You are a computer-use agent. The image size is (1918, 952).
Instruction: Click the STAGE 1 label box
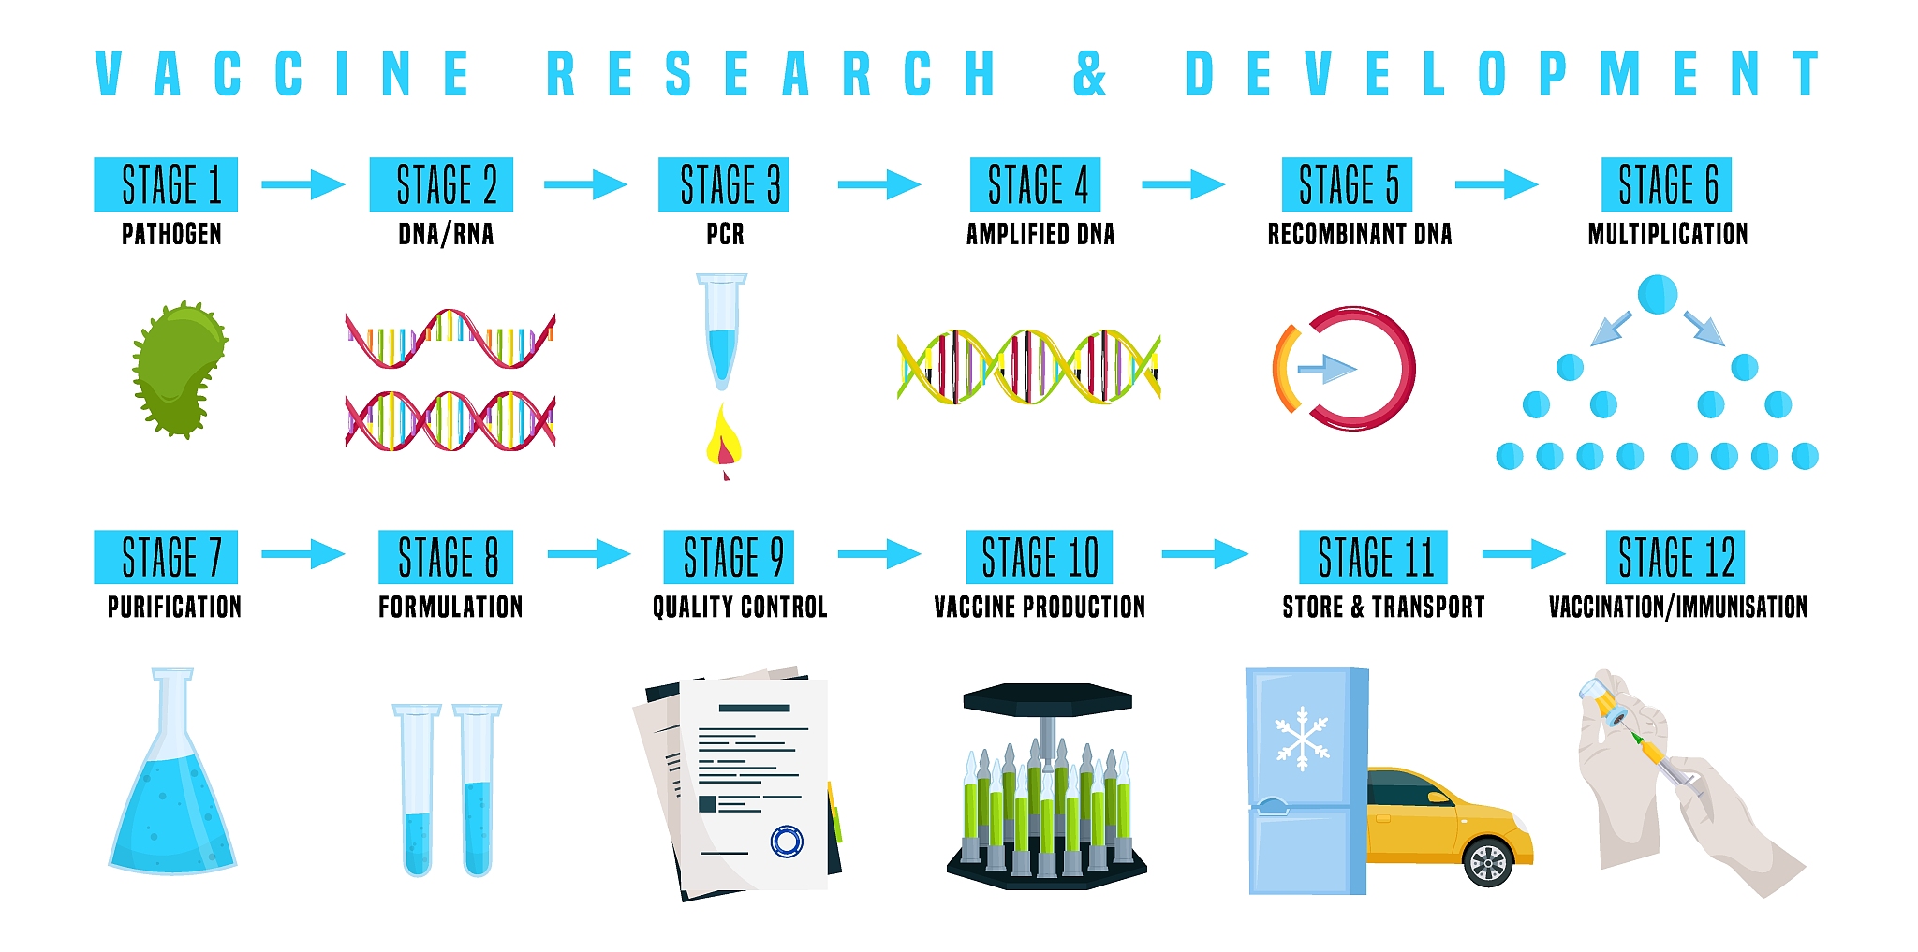[166, 184]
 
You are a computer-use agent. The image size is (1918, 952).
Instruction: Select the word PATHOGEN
[171, 234]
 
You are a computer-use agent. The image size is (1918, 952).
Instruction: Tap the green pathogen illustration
[179, 370]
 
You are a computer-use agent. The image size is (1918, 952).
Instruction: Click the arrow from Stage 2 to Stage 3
[585, 184]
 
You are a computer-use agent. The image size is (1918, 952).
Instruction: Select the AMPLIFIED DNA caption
[1040, 234]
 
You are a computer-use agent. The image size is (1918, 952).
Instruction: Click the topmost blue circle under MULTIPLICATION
[1657, 294]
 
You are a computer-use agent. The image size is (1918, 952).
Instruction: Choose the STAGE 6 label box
[1667, 184]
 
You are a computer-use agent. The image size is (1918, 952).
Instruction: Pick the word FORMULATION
[450, 607]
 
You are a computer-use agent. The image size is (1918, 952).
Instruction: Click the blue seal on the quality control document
[787, 842]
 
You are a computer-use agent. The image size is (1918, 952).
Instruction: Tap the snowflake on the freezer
[1302, 739]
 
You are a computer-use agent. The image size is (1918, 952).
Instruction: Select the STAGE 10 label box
[1040, 557]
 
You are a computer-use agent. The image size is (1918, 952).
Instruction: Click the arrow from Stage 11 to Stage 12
[1524, 554]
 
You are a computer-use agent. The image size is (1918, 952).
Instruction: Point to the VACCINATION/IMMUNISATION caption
[1678, 607]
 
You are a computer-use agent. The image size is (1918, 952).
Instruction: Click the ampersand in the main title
[1089, 73]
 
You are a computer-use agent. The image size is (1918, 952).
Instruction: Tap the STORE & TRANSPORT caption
[1383, 607]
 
